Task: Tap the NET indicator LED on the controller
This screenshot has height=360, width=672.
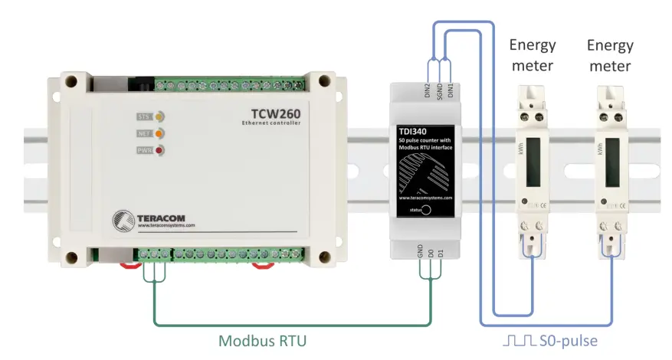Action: pyautogui.click(x=160, y=133)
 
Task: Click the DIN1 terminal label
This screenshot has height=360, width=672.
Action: pyautogui.click(x=452, y=90)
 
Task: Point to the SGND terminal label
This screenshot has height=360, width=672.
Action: pyautogui.click(x=439, y=90)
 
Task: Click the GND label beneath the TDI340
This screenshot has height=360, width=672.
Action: pyautogui.click(x=420, y=251)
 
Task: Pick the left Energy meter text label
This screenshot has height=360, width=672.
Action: pyautogui.click(x=533, y=55)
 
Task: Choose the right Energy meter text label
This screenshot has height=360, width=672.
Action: pyautogui.click(x=609, y=55)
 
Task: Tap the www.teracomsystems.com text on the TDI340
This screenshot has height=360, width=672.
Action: pyautogui.click(x=425, y=197)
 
